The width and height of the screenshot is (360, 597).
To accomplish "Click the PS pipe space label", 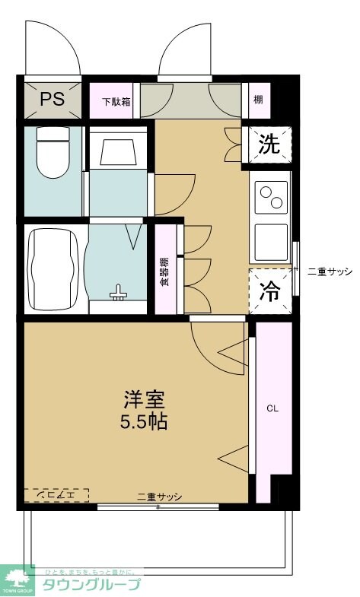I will tap(52, 98).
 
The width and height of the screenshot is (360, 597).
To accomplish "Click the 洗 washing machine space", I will tap(269, 144).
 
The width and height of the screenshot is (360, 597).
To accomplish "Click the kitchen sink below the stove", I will tap(270, 242).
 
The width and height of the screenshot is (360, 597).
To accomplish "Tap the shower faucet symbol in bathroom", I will tap(118, 294).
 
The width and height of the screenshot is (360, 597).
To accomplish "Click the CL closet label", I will tap(272, 408).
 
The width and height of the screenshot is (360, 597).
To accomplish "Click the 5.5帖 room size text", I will tap(144, 421).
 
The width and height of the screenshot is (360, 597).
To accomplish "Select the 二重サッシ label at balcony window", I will tap(160, 497).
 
